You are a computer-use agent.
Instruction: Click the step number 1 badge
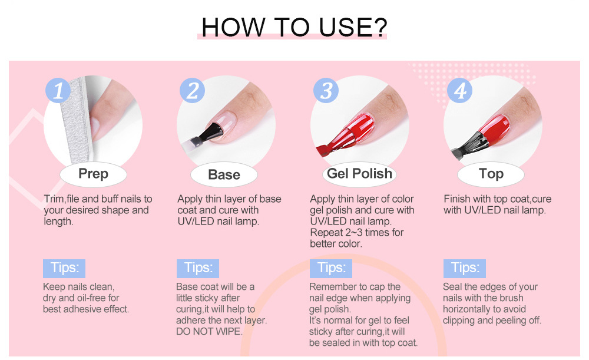58,90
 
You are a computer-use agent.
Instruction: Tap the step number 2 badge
192,90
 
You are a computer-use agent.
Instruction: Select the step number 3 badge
326,90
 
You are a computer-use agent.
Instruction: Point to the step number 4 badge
460,90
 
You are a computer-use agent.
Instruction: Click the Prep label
93,174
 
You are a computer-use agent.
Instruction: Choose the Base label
224,175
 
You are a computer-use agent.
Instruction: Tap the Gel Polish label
359,174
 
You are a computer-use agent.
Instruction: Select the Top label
491,174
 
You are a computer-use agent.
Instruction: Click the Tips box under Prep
64,268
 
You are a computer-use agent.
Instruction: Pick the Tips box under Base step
198,268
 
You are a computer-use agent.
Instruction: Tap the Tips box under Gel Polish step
331,268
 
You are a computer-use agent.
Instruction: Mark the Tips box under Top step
465,268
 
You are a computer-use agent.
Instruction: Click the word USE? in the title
353,28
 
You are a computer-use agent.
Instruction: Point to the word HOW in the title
233,28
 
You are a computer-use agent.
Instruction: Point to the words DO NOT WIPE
209,332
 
